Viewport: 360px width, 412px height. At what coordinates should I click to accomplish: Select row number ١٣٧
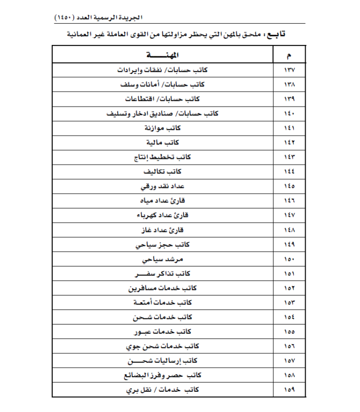tap(289, 69)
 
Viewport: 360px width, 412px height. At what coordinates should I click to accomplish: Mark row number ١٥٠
tap(289, 258)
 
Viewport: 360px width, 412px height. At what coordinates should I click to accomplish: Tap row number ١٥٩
tap(289, 389)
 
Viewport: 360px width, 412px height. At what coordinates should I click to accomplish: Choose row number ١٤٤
tap(289, 171)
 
